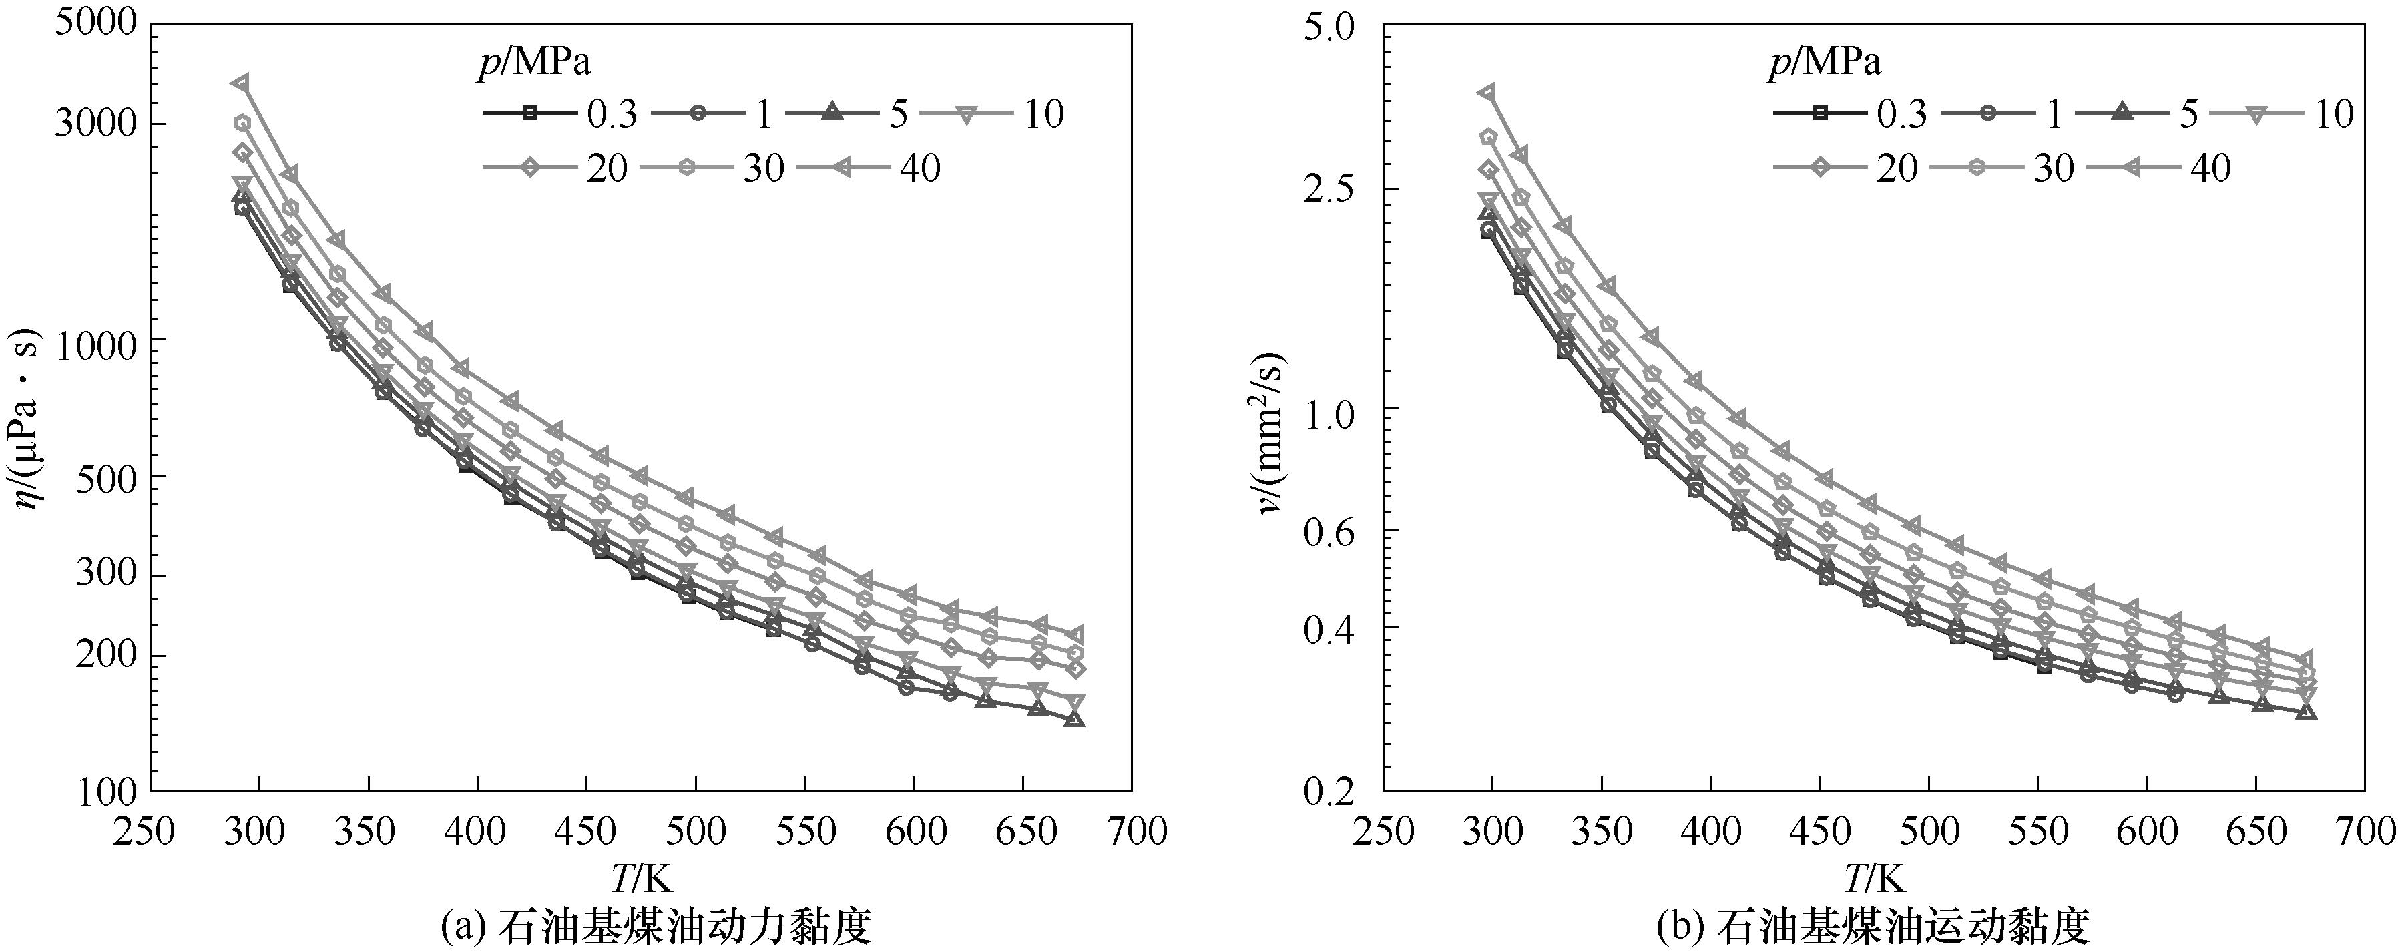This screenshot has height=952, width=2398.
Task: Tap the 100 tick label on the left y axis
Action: pos(110,792)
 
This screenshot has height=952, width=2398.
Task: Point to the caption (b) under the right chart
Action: pos(1872,927)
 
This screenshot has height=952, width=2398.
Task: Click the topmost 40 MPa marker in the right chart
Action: pos(1487,92)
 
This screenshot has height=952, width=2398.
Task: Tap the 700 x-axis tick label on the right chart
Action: pos(2365,831)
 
